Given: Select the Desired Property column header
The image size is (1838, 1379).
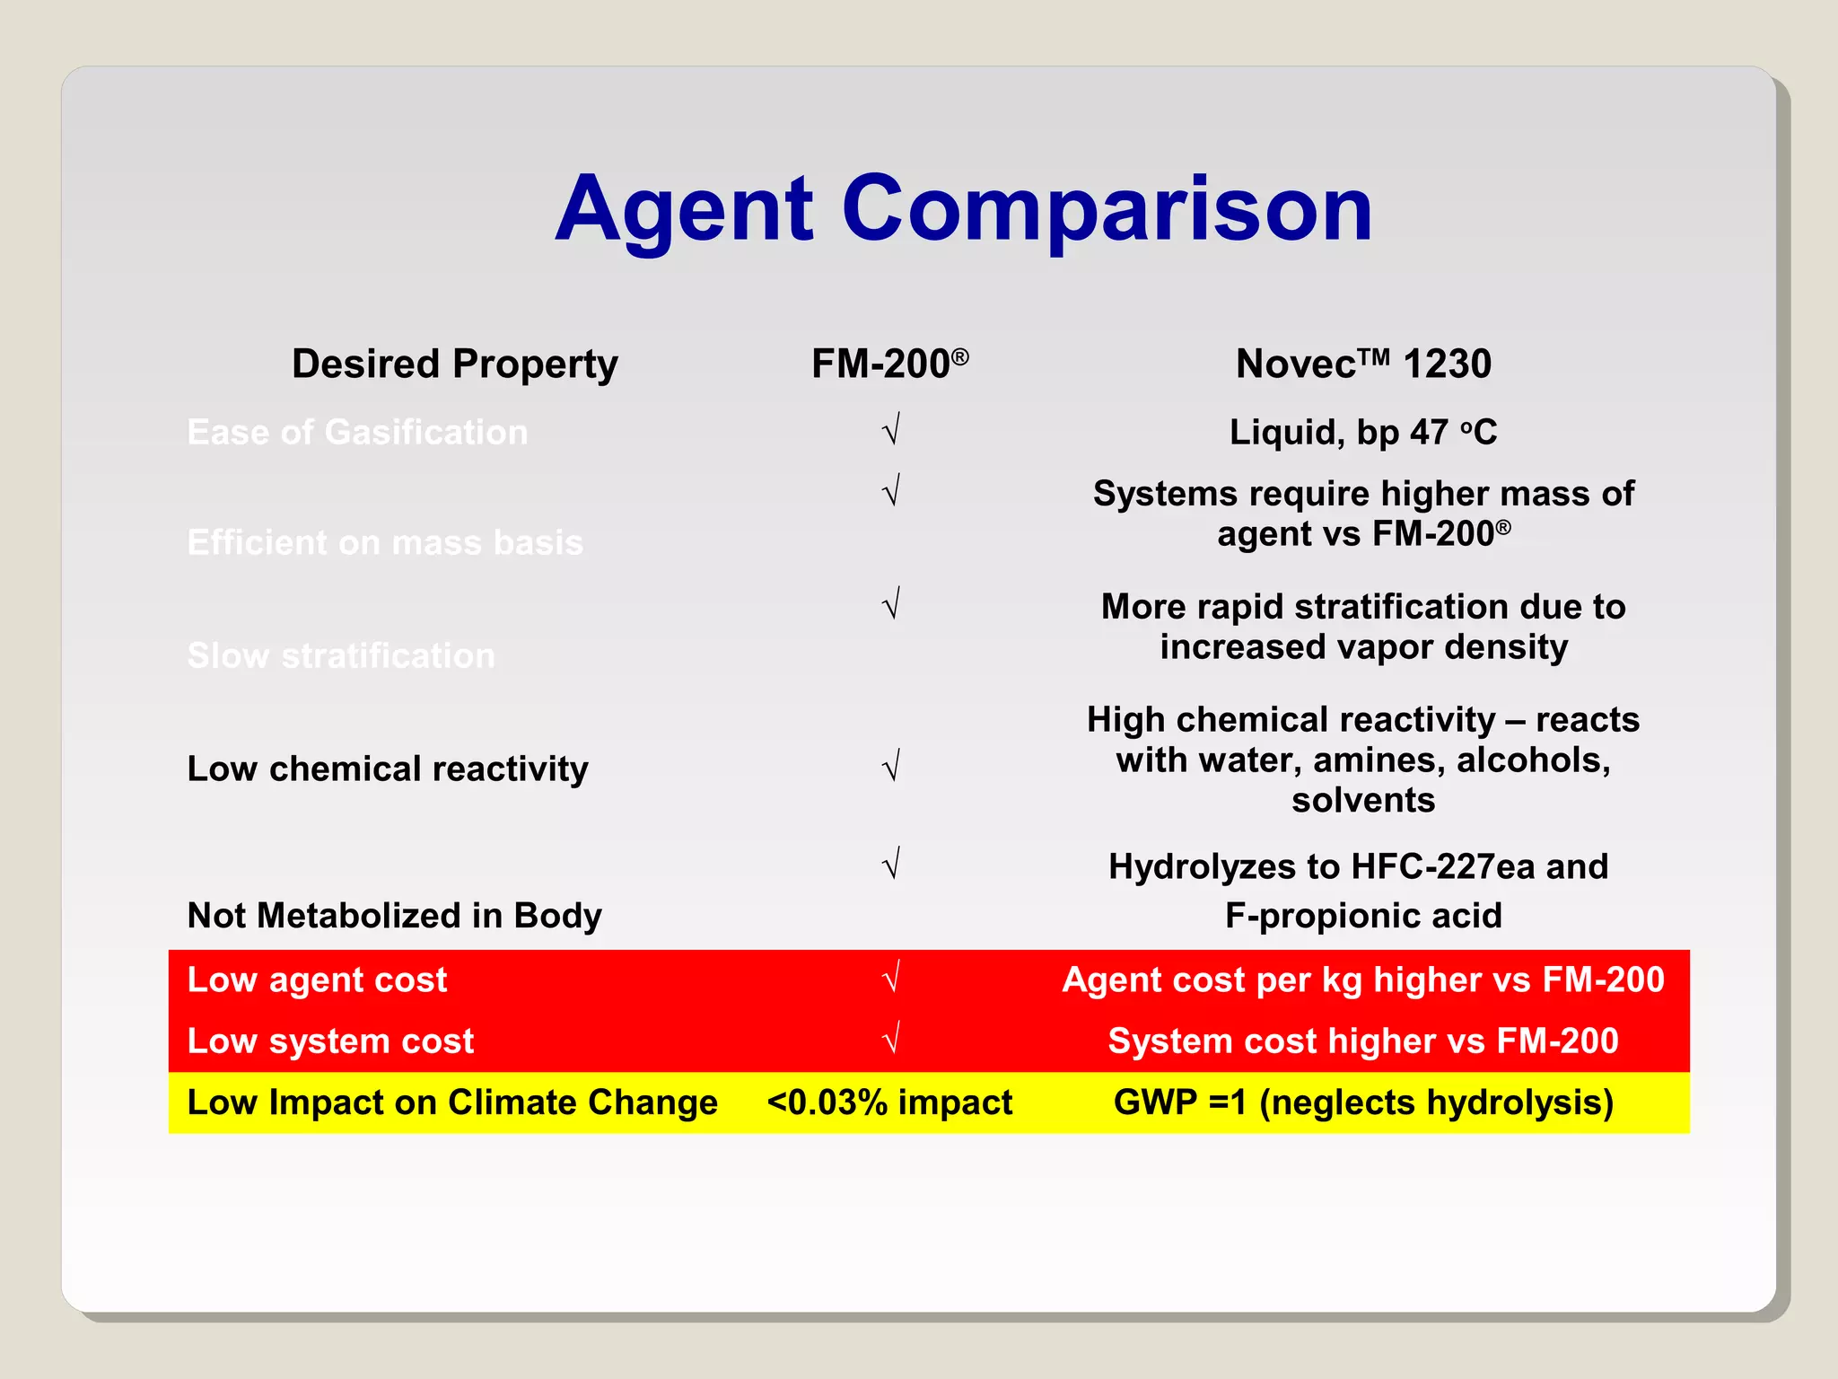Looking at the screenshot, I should click(x=454, y=365).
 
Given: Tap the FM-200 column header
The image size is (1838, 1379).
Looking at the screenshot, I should click(x=888, y=365).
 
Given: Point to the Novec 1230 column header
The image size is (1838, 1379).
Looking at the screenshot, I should click(x=1362, y=365).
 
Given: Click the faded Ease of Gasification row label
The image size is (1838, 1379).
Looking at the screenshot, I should click(x=357, y=433).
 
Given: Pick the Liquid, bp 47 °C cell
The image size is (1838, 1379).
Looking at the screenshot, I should click(x=1362, y=433).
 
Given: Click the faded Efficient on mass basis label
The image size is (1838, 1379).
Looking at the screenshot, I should click(x=385, y=543).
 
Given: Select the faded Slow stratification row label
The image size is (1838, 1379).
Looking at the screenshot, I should click(x=341, y=656).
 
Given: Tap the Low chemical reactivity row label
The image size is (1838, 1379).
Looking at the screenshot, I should click(x=388, y=769).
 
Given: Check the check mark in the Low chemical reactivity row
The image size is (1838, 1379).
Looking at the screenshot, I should click(x=891, y=767).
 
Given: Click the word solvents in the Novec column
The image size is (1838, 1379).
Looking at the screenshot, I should click(x=1362, y=800).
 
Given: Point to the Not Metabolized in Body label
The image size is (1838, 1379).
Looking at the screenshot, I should click(x=394, y=916).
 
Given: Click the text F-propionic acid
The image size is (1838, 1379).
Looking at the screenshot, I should click(x=1362, y=916).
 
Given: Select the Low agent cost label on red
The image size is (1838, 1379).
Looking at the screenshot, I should click(x=317, y=979).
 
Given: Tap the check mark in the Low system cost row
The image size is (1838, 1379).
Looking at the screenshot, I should click(x=891, y=1039).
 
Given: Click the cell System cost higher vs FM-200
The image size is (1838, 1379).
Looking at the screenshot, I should click(x=1362, y=1041).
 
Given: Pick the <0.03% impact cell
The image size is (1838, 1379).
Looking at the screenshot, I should click(x=888, y=1102).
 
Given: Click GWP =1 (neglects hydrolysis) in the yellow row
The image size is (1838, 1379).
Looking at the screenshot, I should click(x=1362, y=1102).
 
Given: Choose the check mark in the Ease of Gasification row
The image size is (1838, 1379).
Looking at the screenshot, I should click(x=891, y=430).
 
